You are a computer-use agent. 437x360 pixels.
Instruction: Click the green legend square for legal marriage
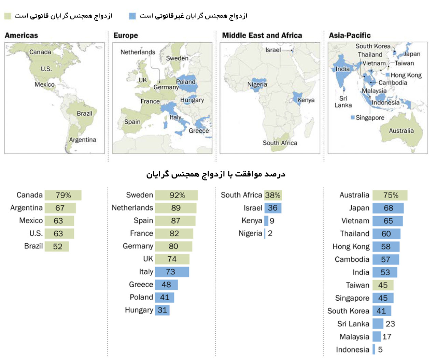click(8, 16)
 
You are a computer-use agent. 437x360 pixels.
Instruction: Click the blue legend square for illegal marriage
click(132, 16)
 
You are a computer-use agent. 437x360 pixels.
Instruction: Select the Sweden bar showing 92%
click(177, 195)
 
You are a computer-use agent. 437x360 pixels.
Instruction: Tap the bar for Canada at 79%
click(63, 195)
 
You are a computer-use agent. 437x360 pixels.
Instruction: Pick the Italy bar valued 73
click(172, 272)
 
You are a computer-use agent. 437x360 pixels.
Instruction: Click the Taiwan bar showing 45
click(383, 285)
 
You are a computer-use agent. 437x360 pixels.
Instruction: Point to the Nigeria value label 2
click(270, 233)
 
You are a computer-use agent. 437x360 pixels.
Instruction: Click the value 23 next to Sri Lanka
click(390, 324)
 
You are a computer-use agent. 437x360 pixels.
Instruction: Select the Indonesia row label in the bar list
click(352, 350)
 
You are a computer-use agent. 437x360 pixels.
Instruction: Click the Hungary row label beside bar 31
click(139, 310)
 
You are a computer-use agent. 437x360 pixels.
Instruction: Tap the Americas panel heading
click(22, 35)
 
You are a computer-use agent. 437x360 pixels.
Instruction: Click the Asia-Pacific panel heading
click(350, 35)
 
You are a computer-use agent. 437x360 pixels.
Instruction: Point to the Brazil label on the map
click(84, 113)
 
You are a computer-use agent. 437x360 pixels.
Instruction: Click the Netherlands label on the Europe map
click(138, 52)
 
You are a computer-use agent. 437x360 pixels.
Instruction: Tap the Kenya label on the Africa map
click(306, 100)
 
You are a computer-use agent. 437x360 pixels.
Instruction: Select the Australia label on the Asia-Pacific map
click(401, 131)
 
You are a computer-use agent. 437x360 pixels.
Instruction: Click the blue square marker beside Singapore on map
click(353, 118)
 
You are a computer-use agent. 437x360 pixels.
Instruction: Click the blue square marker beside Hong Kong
click(387, 75)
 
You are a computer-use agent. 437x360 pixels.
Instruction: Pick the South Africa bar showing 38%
click(273, 195)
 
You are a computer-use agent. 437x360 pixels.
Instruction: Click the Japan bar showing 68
click(388, 208)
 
